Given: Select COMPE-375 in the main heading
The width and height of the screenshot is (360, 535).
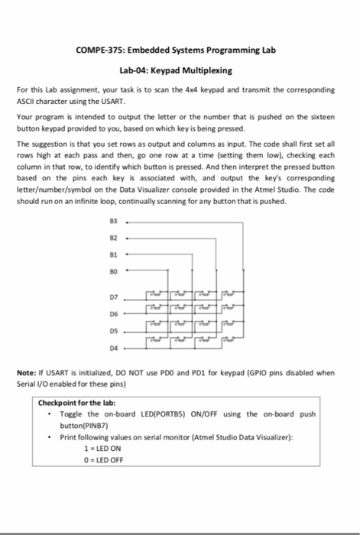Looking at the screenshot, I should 102,50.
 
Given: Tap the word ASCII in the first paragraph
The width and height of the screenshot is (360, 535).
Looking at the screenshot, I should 26,100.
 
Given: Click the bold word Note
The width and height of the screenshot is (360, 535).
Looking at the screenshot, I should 28,372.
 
